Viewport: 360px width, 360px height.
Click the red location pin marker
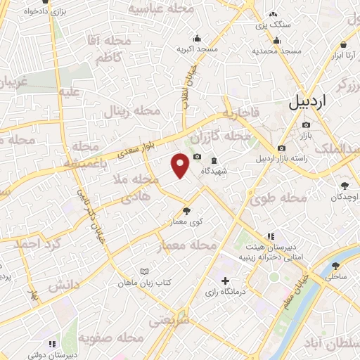pos(181,165)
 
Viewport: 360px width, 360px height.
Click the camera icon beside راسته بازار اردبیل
pos(282,148)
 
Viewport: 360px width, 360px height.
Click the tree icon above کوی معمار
pos(186,210)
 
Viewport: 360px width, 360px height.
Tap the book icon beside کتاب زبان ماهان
pos(144,271)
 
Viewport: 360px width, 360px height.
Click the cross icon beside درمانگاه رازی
pos(224,281)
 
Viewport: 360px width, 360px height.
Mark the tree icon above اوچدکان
pos(345,186)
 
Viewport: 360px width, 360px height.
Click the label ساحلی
pos(335,278)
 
